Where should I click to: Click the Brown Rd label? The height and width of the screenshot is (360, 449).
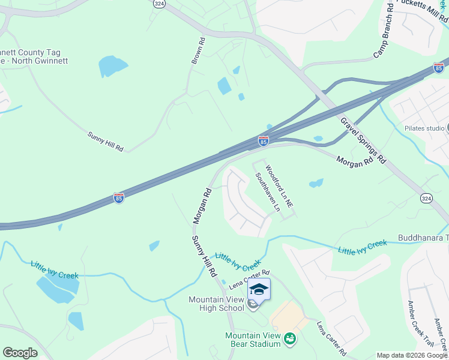point(198,52)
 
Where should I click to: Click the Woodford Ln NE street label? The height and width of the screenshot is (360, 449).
point(279,187)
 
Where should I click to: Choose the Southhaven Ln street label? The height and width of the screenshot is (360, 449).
point(268,193)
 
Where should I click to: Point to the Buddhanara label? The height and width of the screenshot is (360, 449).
point(423,238)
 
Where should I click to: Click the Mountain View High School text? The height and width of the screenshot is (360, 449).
point(216,304)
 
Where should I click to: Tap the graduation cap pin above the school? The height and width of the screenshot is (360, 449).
point(259,289)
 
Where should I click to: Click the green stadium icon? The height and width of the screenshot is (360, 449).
point(289,340)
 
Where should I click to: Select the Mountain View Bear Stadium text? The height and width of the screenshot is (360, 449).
point(252,340)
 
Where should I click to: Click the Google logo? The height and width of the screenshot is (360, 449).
point(20,353)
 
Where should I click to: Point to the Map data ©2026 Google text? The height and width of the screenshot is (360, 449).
point(412,355)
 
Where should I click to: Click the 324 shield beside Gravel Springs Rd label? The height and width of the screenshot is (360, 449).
point(426,198)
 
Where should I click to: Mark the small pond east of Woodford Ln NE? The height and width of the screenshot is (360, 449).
point(316,182)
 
